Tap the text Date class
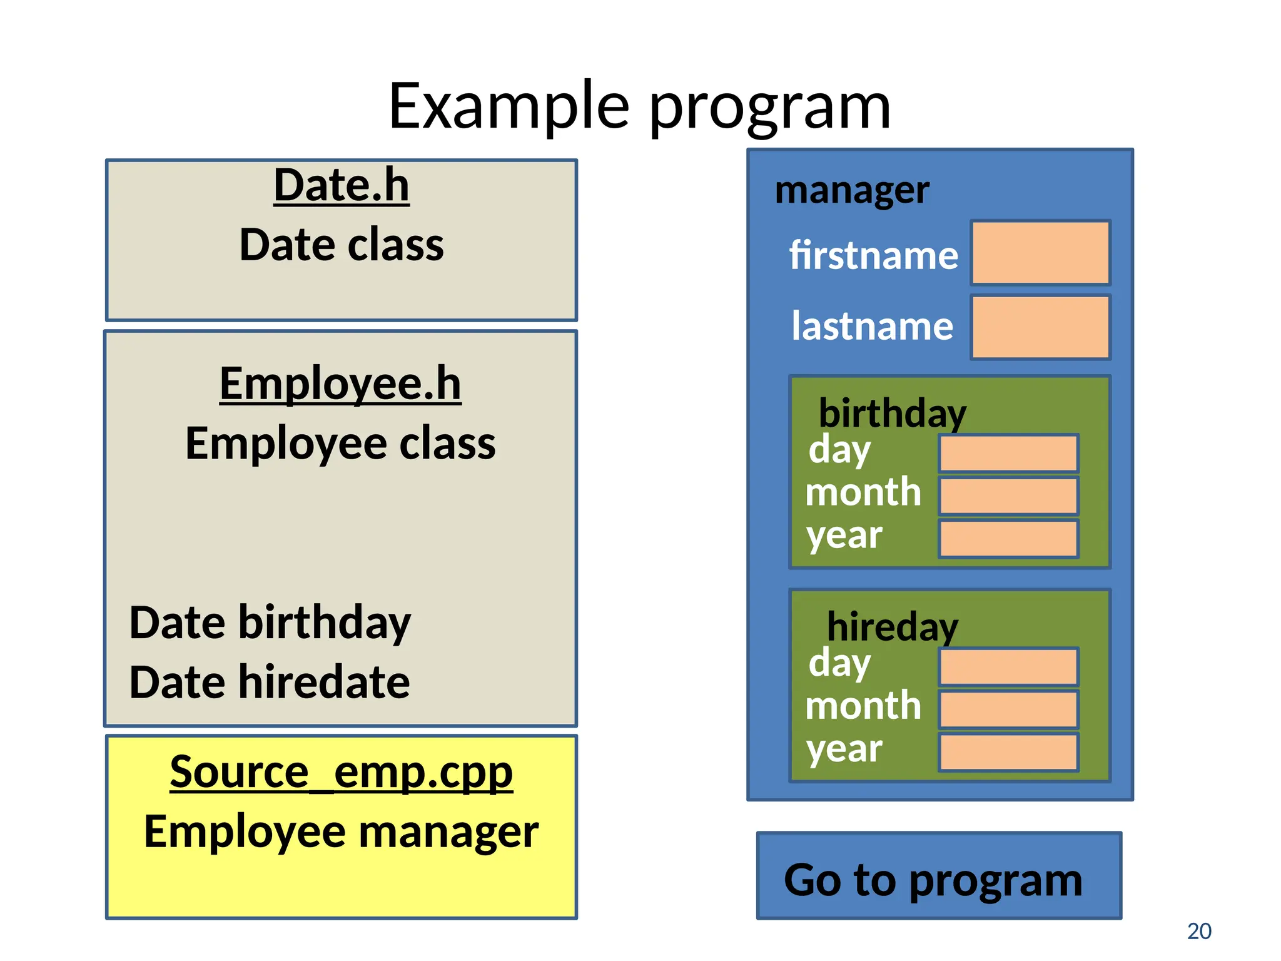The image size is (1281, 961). click(342, 245)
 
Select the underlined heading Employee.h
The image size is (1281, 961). click(340, 384)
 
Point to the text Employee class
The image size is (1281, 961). click(340, 444)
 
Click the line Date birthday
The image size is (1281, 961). click(270, 623)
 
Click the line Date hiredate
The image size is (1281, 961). click(270, 682)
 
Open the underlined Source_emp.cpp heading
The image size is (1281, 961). click(342, 772)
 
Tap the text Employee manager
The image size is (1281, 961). click(342, 832)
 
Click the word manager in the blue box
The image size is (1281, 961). click(852, 190)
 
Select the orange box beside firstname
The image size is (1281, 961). click(1040, 253)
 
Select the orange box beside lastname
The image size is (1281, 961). click(1040, 327)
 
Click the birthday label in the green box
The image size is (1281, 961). click(893, 414)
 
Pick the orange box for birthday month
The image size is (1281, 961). click(1008, 496)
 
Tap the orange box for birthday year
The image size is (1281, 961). click(1008, 539)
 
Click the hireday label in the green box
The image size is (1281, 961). click(893, 626)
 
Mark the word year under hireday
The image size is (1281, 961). click(844, 749)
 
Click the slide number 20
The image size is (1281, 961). click(1199, 931)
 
